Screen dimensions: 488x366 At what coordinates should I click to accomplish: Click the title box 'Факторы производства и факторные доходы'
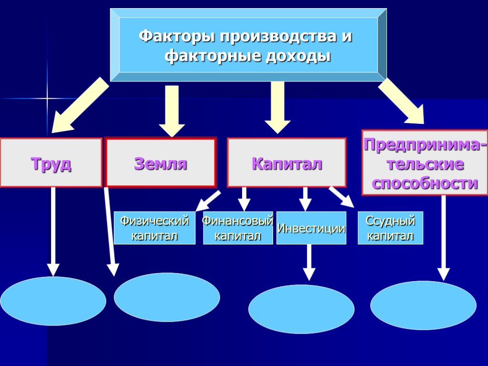coord(248,45)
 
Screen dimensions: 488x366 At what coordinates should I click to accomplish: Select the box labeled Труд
coord(51,163)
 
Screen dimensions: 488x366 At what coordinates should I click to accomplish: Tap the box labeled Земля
coord(161,163)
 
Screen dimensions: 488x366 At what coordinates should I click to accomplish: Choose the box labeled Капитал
coord(286,163)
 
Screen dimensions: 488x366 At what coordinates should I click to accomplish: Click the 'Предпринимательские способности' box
coord(425,163)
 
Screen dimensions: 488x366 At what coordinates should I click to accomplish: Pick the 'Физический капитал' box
coord(154,228)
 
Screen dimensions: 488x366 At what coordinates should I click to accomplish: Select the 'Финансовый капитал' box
coord(238,228)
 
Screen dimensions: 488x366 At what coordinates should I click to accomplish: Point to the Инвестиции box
coord(311,228)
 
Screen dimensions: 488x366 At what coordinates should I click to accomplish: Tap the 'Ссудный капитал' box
coord(390,228)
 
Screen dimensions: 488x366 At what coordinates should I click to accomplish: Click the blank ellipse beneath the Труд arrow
coord(53,301)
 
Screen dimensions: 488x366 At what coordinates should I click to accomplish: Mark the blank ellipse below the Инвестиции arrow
coord(301,309)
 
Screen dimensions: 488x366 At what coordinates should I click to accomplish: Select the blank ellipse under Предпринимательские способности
coord(423,305)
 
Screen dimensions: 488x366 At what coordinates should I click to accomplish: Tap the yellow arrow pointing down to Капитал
coord(277,107)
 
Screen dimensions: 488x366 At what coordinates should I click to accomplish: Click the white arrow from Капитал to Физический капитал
coord(208,201)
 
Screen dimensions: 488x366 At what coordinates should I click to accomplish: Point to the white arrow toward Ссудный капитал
coord(342,197)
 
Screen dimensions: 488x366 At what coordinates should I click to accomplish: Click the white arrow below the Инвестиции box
coord(309,262)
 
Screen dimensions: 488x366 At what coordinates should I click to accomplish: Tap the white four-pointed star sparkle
coord(47,99)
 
